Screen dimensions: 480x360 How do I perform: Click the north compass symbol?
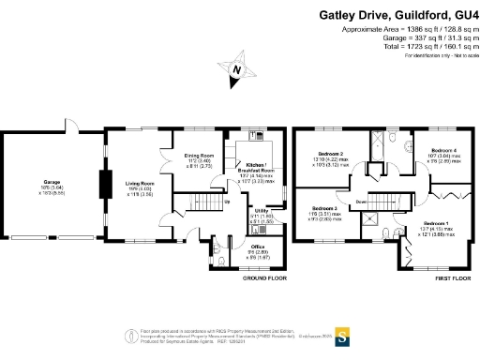pos(238,68)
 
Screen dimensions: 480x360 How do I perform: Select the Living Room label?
pos(140,184)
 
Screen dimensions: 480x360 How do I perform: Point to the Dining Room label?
pos(199,155)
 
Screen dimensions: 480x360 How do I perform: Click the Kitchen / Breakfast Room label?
pos(256,166)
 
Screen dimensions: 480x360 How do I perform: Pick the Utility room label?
pos(262,211)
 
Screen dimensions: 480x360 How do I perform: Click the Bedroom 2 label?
pos(329,154)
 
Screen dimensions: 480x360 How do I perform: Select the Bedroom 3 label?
pos(323,207)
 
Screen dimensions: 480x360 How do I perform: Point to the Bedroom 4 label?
pos(443,150)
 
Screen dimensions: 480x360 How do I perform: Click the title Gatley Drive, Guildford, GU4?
pos(398,15)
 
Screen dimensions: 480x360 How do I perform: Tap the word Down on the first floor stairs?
pos(360,202)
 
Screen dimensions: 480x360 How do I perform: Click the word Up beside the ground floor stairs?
pos(225,201)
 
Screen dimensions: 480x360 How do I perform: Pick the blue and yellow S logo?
pos(343,333)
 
